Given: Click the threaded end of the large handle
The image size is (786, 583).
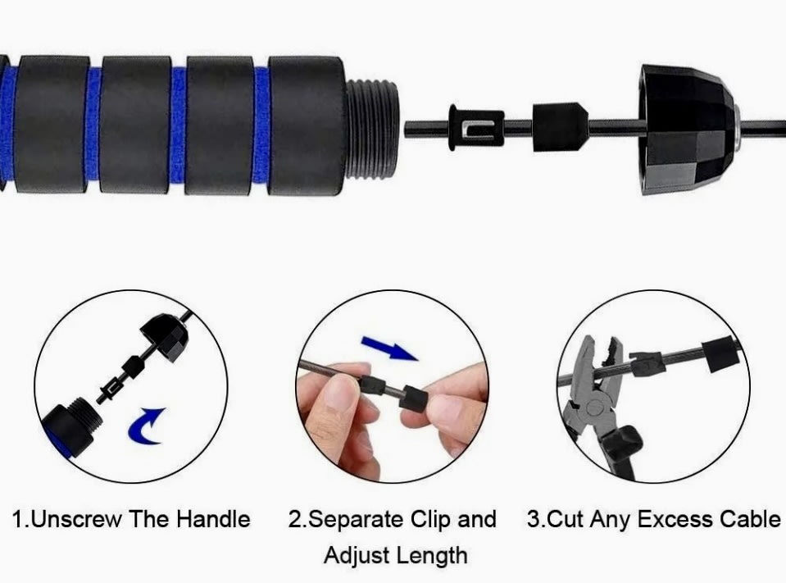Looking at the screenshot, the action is tap(372, 129).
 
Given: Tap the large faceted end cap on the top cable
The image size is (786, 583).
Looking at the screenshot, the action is tap(688, 130).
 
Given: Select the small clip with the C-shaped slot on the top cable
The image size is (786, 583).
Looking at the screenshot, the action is tap(475, 129).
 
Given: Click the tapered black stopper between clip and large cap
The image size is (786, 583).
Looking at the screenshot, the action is tap(559, 127).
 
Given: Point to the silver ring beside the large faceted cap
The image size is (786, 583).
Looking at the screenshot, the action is tap(738, 129).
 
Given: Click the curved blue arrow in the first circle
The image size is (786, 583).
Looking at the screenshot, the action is tap(145, 426).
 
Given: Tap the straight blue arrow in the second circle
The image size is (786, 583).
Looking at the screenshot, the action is tap(389, 348).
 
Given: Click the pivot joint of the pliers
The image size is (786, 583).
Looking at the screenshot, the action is tap(595, 407).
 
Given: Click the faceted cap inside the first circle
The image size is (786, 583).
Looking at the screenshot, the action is tap(165, 337).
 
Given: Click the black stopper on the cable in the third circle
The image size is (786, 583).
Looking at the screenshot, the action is tap(720, 355).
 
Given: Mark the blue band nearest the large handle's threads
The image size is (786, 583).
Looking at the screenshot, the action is tap(261, 125).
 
